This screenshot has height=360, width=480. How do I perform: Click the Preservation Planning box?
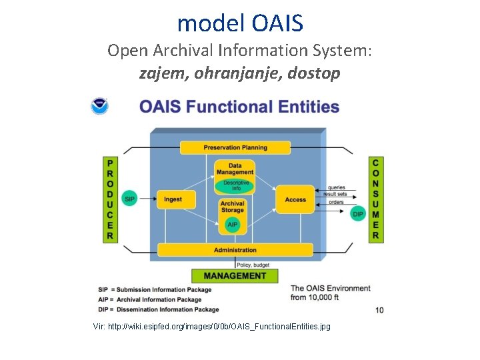coord(235,147)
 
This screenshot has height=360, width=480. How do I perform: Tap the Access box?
coord(295,199)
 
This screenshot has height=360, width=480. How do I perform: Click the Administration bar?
coord(235,250)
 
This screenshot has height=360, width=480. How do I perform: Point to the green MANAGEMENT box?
coord(235,275)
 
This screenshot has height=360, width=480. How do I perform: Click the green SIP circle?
coord(130,199)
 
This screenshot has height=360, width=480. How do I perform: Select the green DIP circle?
coord(358,213)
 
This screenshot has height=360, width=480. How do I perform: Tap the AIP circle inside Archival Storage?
coord(233,225)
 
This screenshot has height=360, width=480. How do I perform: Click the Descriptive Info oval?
coord(236,185)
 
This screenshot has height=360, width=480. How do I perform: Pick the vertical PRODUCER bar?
coord(110,199)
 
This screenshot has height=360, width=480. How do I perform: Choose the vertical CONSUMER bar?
coord(375,199)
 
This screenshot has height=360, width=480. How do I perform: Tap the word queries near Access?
coord(337,187)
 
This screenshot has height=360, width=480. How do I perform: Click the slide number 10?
coord(379,310)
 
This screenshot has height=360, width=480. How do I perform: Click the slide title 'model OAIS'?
coord(240,23)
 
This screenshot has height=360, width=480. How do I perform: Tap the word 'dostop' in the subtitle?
coord(316,73)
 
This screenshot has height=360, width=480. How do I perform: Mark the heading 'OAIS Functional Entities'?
coord(239,107)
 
